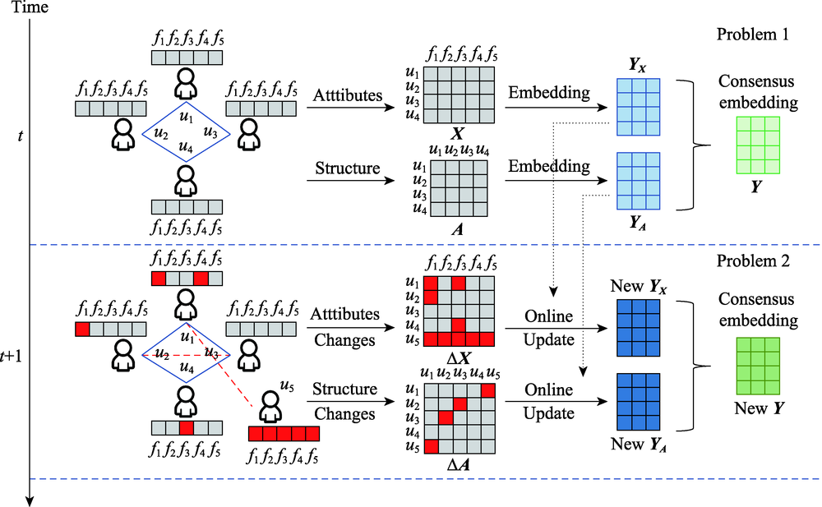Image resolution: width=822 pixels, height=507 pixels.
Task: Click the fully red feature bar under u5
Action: coord(284,433)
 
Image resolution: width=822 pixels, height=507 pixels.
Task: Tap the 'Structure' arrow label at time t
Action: coord(346,169)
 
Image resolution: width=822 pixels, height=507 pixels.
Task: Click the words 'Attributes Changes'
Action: coord(346,326)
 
